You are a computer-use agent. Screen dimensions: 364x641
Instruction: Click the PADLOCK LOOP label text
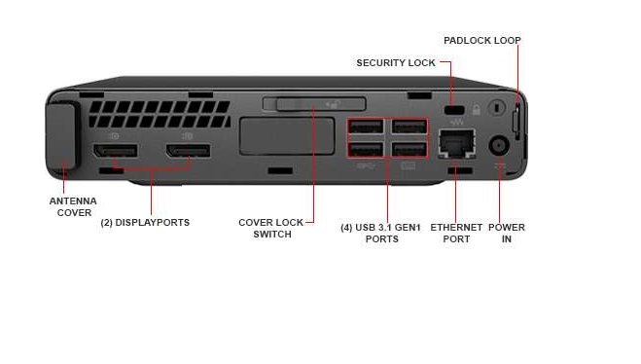481,41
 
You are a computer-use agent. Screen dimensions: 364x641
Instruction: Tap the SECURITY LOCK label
396,63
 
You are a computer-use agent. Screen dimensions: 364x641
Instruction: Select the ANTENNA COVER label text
73,206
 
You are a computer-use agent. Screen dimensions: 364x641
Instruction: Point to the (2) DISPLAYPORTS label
145,223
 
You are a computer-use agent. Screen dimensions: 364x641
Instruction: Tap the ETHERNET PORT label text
456,233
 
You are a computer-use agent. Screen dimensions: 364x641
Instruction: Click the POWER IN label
507,233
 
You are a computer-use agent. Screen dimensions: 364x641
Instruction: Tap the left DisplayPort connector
115,153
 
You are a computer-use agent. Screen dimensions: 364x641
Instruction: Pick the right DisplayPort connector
187,153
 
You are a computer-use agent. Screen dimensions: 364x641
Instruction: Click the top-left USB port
366,128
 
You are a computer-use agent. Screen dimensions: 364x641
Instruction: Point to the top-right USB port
409,128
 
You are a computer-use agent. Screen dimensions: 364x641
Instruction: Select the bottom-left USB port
366,149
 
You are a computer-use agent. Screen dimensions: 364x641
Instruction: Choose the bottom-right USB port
409,149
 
